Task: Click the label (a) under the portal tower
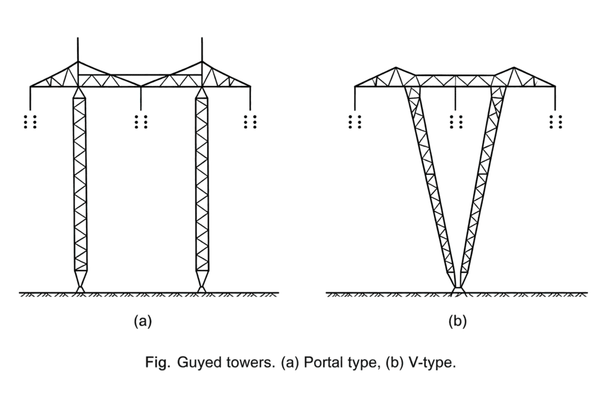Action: pos(142,322)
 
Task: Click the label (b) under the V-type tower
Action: pos(457,322)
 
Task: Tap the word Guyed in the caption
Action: pos(197,363)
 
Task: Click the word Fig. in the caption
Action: pos(157,363)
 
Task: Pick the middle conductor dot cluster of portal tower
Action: pos(141,121)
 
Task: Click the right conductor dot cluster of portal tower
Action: pos(251,121)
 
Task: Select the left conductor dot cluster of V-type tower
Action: pos(355,121)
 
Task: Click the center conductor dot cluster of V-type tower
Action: pos(455,121)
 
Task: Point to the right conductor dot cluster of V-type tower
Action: pos(556,121)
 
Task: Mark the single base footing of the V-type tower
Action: pos(458,289)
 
